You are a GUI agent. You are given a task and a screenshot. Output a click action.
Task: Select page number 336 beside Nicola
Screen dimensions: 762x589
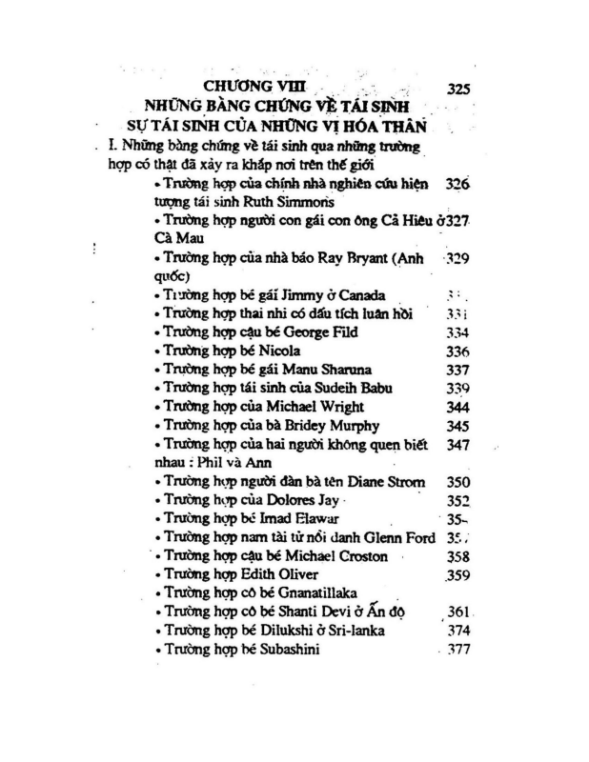(x=457, y=351)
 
